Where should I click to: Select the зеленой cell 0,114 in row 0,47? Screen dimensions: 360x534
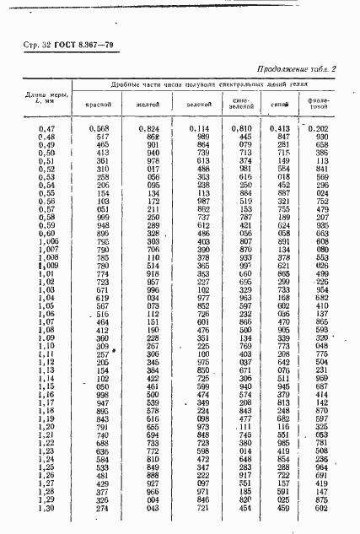(x=200, y=127)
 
